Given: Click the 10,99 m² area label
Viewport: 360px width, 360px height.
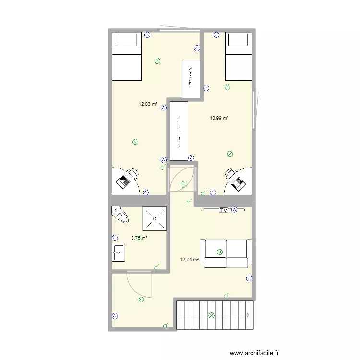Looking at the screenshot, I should click(219, 118).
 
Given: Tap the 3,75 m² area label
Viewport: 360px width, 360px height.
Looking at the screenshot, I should click(139, 237).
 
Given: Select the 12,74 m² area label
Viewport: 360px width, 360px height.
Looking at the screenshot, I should click(190, 260).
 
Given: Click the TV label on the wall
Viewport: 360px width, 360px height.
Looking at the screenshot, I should click(223, 210).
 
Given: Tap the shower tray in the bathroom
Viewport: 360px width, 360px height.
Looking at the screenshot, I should click(154, 219).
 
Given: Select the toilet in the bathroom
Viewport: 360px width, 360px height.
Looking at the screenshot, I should click(120, 216).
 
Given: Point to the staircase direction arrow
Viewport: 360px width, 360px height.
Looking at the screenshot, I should click(248, 315).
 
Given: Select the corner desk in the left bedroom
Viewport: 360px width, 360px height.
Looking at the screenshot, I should click(126, 180).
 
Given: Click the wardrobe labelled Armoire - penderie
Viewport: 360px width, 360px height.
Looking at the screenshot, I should click(179, 131).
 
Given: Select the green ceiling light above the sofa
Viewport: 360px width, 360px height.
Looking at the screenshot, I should click(220, 251).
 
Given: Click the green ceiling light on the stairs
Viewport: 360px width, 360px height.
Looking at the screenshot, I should click(211, 315).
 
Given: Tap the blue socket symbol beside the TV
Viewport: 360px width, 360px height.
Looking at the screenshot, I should click(234, 209).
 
